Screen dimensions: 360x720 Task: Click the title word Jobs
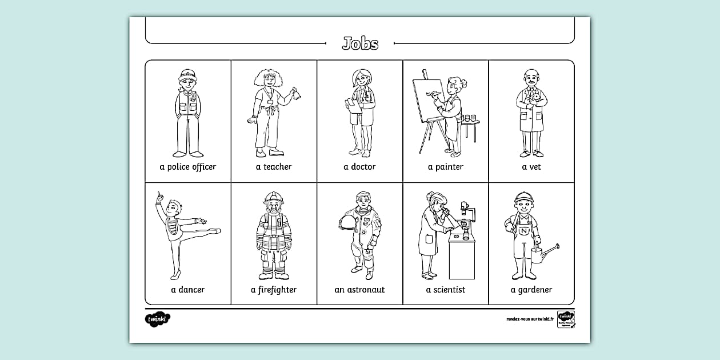360,43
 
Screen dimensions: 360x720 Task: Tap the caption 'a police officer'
188,167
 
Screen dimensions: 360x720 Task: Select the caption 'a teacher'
274,167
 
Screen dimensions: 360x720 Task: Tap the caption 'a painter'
446,167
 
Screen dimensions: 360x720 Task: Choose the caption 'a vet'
531,167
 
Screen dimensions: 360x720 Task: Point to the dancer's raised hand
159,197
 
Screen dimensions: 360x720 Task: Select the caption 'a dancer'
188,290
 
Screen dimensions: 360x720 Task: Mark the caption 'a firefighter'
274,290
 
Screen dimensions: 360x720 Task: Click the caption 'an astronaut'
360,290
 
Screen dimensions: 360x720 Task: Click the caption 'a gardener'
531,290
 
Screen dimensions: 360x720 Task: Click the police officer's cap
187,74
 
